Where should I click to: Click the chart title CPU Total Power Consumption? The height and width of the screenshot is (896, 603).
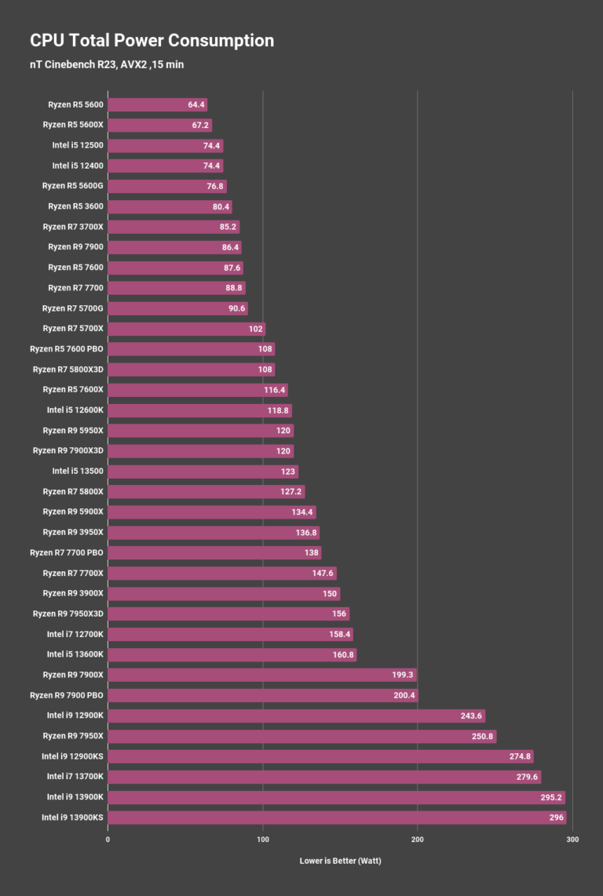152,41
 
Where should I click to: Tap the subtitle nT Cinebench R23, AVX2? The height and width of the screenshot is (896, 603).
107,64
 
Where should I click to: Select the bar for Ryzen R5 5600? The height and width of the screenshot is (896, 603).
157,104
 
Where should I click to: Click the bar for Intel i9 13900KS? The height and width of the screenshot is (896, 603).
336,818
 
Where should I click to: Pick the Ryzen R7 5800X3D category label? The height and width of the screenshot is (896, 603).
68,370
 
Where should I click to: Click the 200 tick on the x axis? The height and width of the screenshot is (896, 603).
418,840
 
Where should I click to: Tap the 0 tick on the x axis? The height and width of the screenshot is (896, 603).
108,840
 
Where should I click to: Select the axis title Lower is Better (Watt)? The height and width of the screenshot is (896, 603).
340,861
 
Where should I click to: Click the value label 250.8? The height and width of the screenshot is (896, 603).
481,736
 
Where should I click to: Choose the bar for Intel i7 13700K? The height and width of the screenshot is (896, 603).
323,777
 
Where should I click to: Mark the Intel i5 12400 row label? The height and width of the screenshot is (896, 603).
78,166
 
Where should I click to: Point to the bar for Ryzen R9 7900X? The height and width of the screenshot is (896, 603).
261,675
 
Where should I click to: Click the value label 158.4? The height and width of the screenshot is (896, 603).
340,634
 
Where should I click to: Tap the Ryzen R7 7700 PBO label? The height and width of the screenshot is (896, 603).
66,552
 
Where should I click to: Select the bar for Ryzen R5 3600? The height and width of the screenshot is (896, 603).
170,206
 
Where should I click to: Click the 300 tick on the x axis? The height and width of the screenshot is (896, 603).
572,840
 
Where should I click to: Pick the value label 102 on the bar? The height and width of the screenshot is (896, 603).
254,329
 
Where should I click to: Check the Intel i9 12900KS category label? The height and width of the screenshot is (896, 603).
72,756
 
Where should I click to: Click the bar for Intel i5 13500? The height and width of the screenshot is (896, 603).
203,472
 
